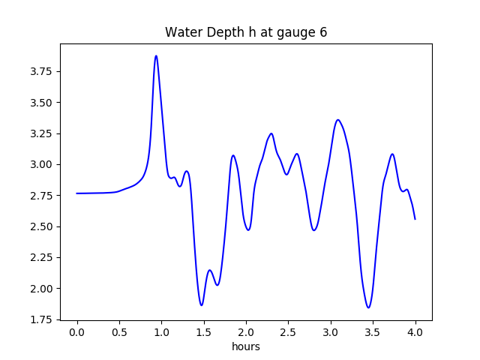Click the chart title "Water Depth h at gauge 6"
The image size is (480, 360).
246,32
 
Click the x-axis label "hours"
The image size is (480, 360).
246,346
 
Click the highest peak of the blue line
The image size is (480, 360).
156,55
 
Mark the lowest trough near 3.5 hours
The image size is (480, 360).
368,307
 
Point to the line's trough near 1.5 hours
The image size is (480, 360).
201,305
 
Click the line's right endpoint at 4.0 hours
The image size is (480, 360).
415,219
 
